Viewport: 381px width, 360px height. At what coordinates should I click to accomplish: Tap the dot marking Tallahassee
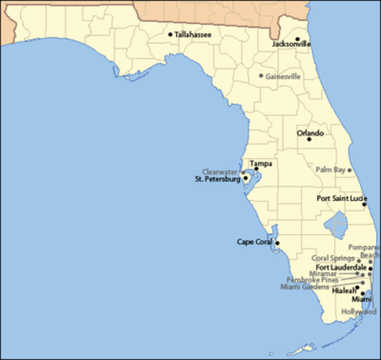click(x=171, y=34)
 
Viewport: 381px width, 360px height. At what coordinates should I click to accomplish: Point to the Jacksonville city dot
click(x=297, y=39)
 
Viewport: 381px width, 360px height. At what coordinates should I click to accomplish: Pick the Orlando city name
click(x=310, y=133)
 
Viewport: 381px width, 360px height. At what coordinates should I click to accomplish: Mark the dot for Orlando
click(x=309, y=139)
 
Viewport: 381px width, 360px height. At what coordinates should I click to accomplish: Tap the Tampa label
click(x=260, y=163)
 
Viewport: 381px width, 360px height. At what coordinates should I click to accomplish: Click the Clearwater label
click(x=220, y=172)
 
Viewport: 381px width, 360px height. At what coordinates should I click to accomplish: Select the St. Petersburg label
click(x=217, y=180)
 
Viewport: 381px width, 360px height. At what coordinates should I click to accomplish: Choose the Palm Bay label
click(x=329, y=169)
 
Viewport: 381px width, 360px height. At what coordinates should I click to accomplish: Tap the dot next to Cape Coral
click(x=277, y=242)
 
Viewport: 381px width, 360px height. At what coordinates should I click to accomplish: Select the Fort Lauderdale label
click(x=340, y=267)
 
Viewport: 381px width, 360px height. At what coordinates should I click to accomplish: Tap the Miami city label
click(x=351, y=299)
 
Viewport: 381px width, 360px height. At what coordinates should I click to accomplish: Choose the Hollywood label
click(x=358, y=311)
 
